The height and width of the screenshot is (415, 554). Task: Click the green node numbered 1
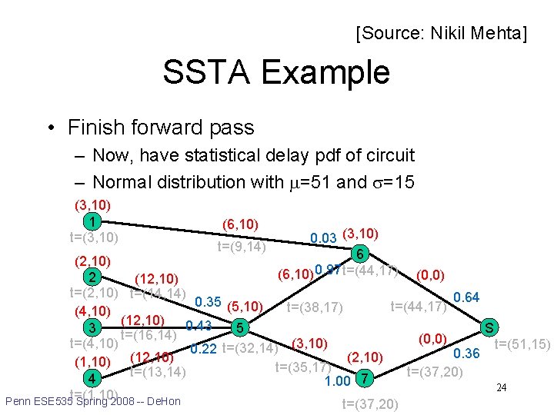(x=92, y=222)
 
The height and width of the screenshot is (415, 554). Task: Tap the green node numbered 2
(x=92, y=277)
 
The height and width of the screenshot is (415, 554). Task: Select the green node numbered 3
(x=92, y=328)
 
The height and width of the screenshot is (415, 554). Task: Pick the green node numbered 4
(x=92, y=378)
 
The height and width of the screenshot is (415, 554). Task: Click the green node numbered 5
(x=241, y=328)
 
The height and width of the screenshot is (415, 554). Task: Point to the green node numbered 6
(x=358, y=254)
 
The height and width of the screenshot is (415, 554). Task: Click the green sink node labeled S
(x=488, y=328)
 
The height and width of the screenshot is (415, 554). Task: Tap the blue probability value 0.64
(x=466, y=297)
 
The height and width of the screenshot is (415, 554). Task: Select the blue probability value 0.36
(x=466, y=354)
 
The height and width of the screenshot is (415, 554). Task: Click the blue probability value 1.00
(x=339, y=380)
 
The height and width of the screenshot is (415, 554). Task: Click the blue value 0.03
(x=322, y=238)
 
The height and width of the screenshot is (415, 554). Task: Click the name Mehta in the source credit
(x=501, y=33)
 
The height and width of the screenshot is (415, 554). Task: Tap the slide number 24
(x=501, y=387)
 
